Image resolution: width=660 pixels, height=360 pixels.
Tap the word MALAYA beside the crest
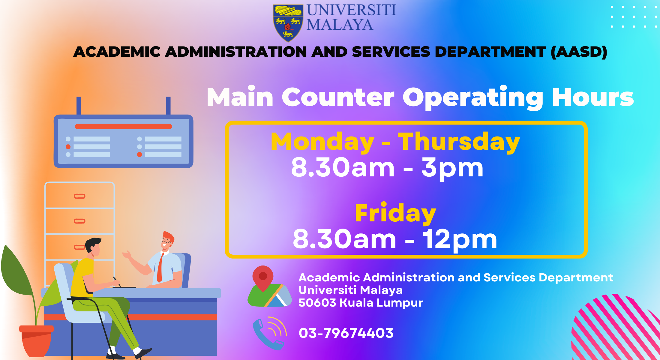click(x=340, y=25)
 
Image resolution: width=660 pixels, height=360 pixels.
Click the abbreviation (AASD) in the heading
click(x=579, y=52)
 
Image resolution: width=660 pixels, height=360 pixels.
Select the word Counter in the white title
click(x=338, y=97)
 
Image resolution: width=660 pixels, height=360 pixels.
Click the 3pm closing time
click(x=452, y=168)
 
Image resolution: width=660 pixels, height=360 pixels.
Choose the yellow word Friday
click(x=395, y=213)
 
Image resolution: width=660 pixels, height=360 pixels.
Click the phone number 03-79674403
click(x=346, y=333)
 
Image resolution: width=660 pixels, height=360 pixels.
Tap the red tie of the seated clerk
click(x=160, y=267)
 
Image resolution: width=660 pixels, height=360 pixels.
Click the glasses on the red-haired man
click(x=166, y=241)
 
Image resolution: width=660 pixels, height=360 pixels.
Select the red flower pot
click(x=36, y=340)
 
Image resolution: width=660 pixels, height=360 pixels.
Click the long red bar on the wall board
click(x=123, y=127)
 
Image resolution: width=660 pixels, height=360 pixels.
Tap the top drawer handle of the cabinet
click(x=79, y=196)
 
